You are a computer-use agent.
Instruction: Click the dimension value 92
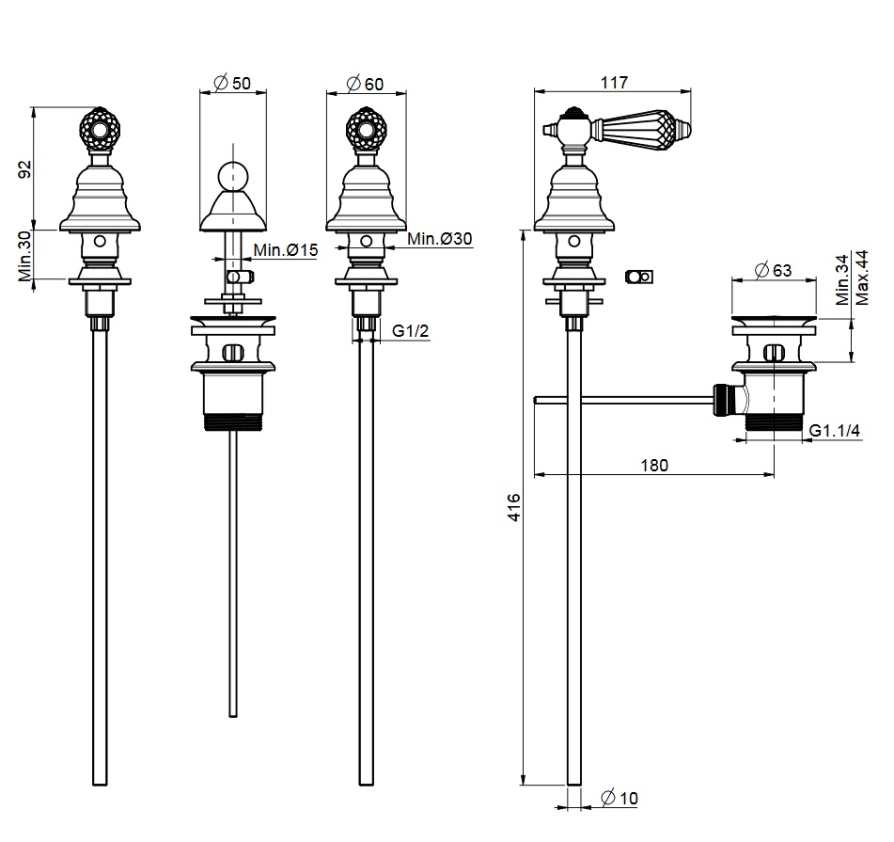(25, 168)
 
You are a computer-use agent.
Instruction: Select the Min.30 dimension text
(25, 257)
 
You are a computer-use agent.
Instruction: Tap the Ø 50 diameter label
(232, 83)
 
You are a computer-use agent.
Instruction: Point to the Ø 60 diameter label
(365, 84)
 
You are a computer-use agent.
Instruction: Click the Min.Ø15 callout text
(285, 250)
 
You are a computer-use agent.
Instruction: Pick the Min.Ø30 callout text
(440, 238)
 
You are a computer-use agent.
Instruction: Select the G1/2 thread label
(411, 330)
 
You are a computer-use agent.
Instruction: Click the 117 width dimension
(614, 82)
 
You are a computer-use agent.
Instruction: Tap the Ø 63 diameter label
(773, 270)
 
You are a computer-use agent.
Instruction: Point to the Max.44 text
(862, 278)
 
